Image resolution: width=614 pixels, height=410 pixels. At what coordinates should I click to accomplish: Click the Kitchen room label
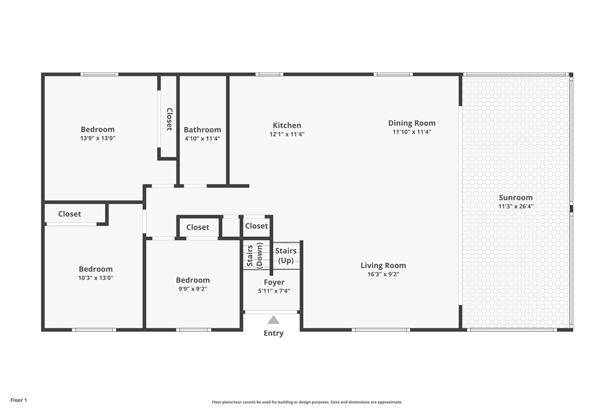point(287,126)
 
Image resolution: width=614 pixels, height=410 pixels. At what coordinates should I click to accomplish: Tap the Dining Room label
point(412,123)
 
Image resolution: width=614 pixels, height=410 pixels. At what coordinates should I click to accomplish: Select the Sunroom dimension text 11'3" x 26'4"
point(516,207)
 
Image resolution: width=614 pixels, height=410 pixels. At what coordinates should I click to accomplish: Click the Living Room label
point(383,266)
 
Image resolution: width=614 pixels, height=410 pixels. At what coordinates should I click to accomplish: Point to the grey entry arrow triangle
point(274,320)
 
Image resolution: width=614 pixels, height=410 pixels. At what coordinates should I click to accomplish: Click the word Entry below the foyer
point(274,334)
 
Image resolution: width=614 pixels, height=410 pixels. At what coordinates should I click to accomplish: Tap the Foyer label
point(274,283)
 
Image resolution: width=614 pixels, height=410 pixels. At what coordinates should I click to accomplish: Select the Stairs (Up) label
point(286,256)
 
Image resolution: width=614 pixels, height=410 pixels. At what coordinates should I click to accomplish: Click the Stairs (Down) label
point(255,255)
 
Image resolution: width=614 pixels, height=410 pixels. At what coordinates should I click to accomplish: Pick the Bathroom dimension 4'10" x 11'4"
point(202,138)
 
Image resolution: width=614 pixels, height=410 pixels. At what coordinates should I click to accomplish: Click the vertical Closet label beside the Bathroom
point(169,119)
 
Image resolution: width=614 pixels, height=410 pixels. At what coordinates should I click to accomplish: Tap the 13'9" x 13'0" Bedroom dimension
point(98,138)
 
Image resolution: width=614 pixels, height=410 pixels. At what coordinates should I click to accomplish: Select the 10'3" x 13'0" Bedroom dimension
point(96,278)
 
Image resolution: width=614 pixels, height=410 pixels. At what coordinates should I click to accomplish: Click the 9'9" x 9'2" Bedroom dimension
point(193,289)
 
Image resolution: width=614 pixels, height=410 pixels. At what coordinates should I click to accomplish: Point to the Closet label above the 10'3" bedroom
point(70,214)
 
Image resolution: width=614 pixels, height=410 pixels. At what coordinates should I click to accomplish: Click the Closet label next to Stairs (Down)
point(257,226)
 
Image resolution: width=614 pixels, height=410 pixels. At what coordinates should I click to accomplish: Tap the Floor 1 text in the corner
point(19,400)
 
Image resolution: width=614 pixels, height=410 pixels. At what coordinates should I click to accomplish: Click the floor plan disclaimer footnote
point(307,402)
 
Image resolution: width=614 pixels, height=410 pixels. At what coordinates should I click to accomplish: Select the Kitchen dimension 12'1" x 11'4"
point(287,135)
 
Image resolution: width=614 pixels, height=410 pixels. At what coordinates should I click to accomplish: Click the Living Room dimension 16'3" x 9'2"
point(383,275)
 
